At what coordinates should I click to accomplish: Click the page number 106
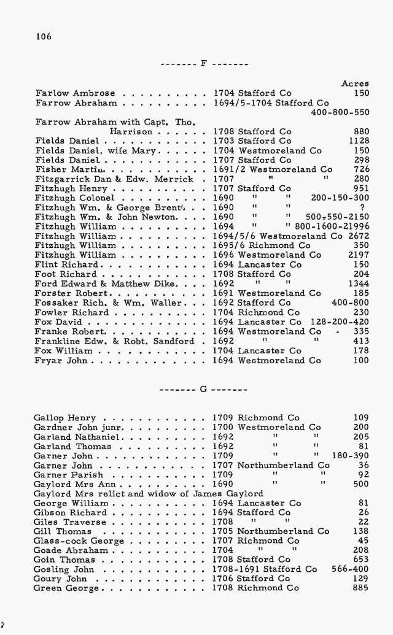tap(44, 36)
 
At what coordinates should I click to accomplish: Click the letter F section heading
tap(203, 64)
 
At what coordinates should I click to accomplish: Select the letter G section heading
tap(203, 389)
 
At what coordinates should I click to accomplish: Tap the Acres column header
tap(355, 83)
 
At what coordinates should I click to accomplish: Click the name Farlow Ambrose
tap(67, 93)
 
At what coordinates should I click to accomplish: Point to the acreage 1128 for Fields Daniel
tap(358, 141)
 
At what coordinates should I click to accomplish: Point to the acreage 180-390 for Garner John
tap(350, 456)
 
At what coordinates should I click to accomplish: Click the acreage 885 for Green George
tap(361, 588)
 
